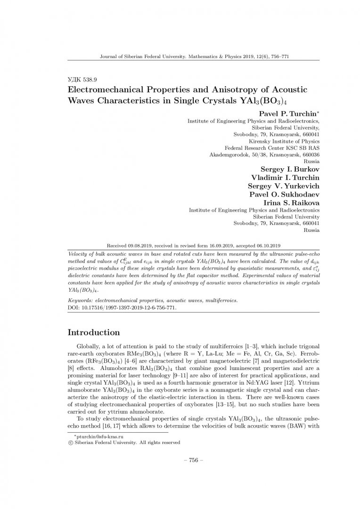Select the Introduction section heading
(x=94, y=332)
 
